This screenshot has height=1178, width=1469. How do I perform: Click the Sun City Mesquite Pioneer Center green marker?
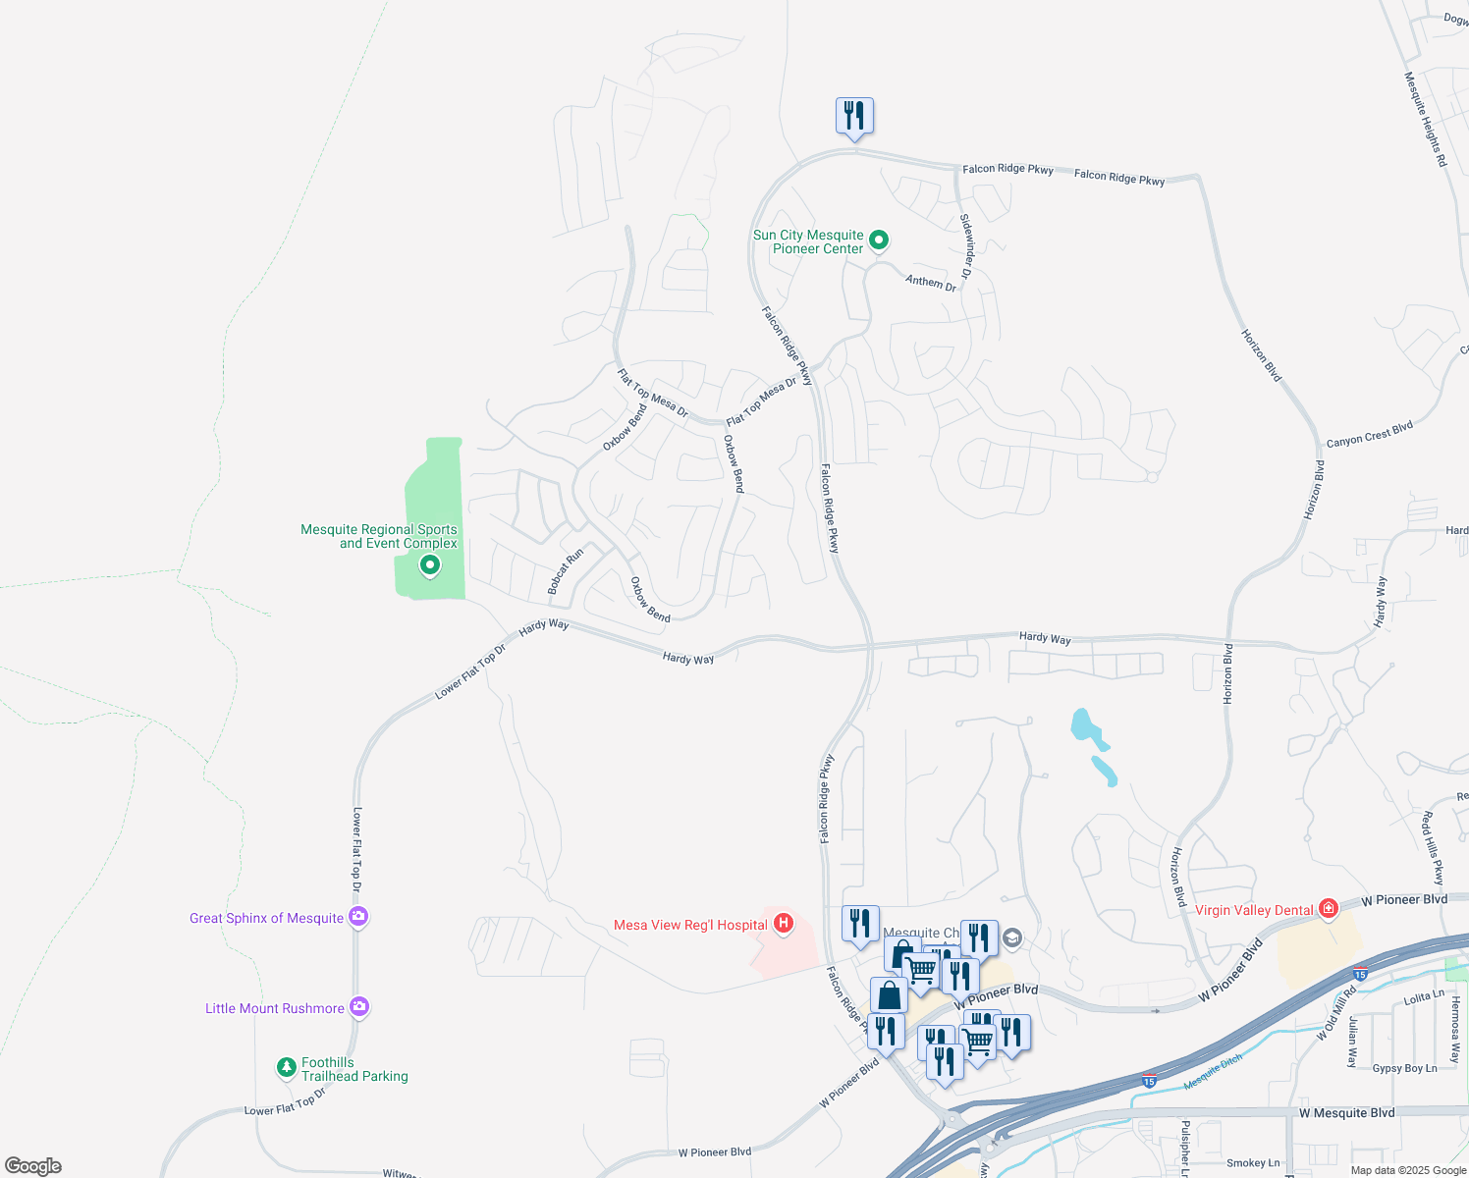879,240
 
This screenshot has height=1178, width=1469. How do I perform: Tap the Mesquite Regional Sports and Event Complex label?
379,536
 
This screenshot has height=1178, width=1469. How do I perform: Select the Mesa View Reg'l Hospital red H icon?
784,924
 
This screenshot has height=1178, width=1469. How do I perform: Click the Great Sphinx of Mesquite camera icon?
358,917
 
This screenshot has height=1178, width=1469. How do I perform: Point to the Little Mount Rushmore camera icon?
359,1007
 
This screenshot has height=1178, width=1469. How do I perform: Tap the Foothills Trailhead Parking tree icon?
286,1067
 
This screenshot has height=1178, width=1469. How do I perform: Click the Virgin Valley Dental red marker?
1329,909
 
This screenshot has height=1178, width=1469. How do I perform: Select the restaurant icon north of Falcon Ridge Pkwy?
854,116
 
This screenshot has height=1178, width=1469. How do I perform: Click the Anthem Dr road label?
931,283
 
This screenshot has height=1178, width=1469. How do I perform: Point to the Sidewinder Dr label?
966,246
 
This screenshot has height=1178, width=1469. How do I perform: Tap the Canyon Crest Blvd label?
1369,434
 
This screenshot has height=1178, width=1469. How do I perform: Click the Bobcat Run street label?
566,571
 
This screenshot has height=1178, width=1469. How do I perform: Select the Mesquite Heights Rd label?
1425,118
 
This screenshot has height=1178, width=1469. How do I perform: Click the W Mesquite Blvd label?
1345,1113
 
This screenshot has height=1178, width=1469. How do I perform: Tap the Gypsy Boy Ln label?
1404,1068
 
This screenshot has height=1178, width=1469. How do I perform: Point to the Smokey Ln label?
1253,1163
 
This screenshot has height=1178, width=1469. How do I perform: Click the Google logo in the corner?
32,1166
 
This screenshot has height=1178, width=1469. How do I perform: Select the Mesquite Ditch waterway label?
1213,1072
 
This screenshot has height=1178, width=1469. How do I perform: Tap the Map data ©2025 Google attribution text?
1408,1170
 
